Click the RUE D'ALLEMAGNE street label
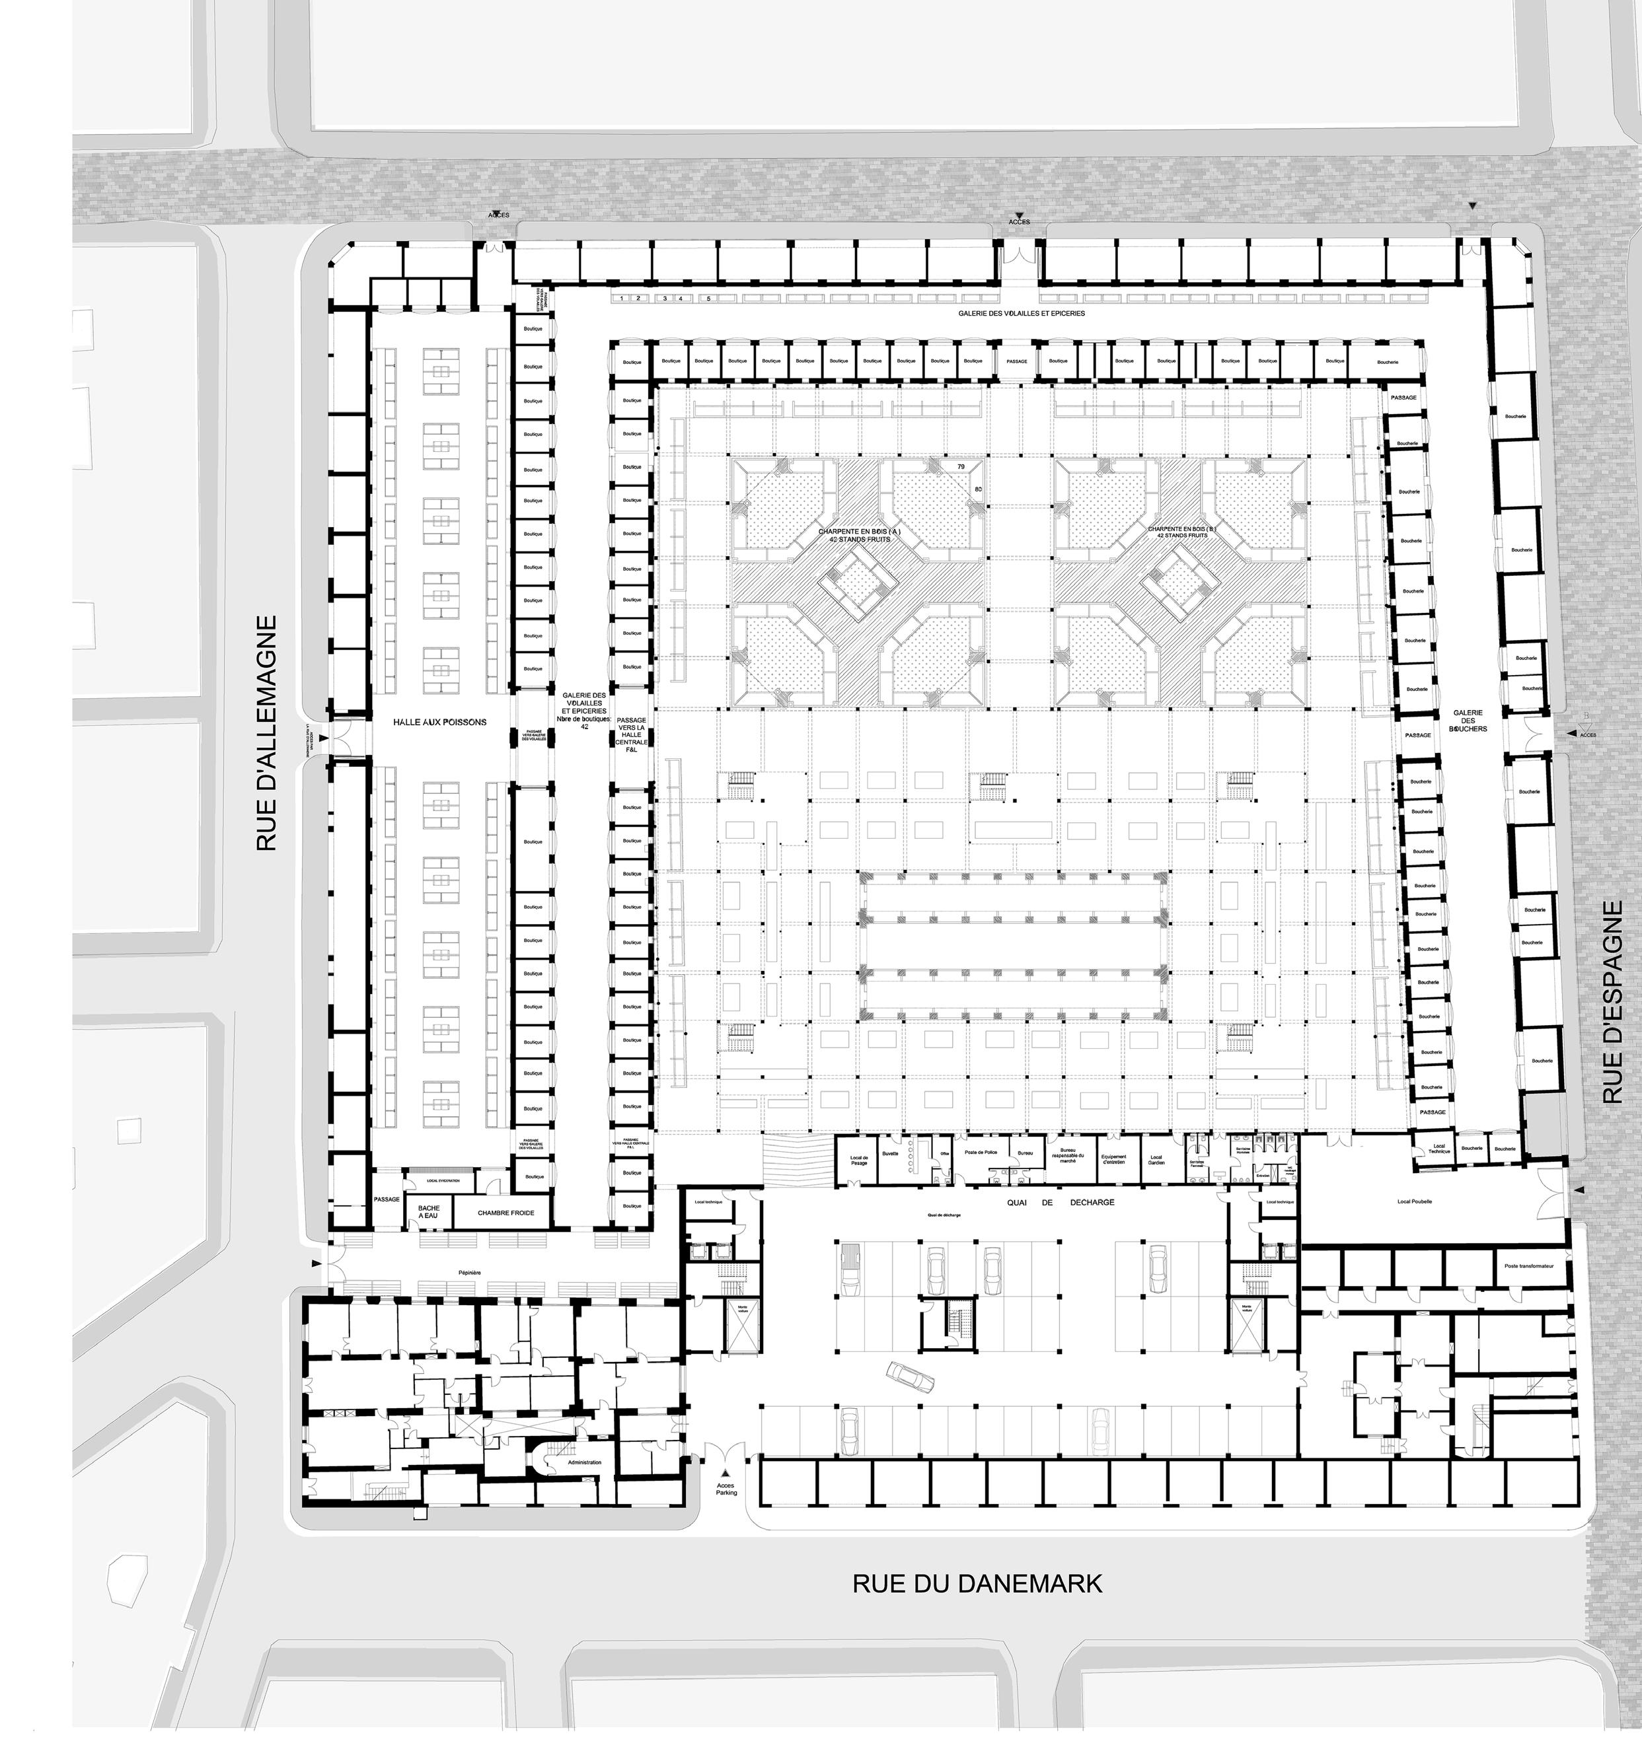[266, 733]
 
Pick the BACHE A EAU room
[429, 1213]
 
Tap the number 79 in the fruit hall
[961, 466]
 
